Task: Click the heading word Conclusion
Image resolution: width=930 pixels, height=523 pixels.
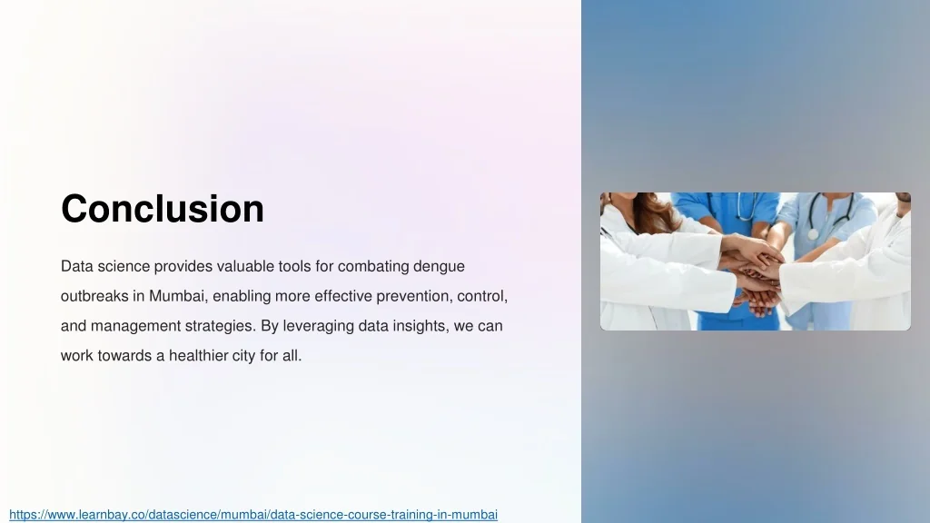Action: (163, 209)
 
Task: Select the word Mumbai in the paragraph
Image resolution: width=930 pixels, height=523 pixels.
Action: (177, 296)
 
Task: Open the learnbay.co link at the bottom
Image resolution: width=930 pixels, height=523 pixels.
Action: (253, 515)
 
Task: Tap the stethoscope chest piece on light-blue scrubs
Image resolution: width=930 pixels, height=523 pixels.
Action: (813, 233)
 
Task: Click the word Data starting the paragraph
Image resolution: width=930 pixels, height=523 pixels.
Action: (76, 267)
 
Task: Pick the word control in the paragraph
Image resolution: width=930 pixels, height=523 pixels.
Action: (482, 296)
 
